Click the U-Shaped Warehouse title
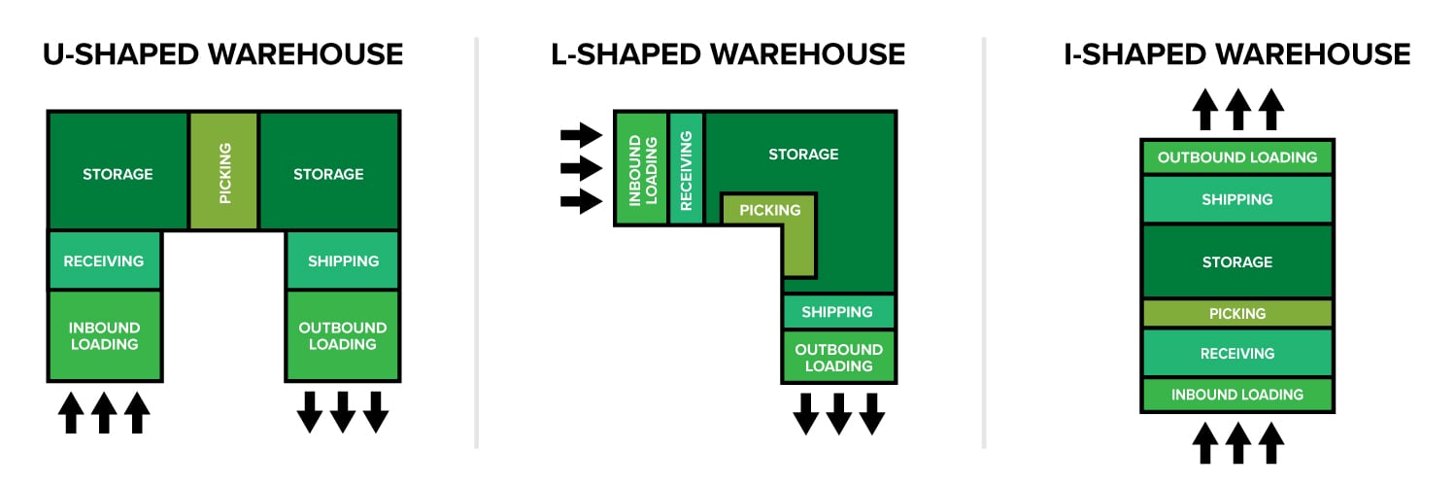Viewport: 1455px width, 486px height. point(222,53)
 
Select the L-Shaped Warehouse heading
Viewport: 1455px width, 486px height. point(727,53)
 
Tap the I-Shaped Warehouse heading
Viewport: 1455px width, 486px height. point(1236,53)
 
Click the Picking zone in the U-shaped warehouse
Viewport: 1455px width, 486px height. point(224,172)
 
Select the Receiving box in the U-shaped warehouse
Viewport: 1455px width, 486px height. point(104,260)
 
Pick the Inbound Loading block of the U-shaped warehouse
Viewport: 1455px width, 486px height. point(104,335)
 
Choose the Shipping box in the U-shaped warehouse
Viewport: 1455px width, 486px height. point(343,260)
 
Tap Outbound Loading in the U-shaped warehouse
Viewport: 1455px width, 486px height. point(343,335)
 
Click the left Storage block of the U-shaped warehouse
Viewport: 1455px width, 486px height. point(118,174)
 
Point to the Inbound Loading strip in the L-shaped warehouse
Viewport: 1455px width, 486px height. point(642,168)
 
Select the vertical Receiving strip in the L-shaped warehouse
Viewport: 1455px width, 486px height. point(686,168)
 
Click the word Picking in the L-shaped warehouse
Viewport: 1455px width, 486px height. point(770,210)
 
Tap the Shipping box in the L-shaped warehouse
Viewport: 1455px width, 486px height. point(838,312)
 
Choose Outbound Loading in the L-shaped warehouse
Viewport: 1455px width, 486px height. point(838,358)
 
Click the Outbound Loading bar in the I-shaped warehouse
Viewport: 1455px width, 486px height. point(1236,156)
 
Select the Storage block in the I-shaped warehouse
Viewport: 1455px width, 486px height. point(1236,261)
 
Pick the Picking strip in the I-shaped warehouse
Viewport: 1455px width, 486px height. point(1236,313)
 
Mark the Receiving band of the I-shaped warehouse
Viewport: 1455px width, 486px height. point(1236,353)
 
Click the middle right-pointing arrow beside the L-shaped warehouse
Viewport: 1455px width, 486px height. point(581,167)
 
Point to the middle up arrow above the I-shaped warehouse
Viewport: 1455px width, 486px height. point(1236,110)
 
